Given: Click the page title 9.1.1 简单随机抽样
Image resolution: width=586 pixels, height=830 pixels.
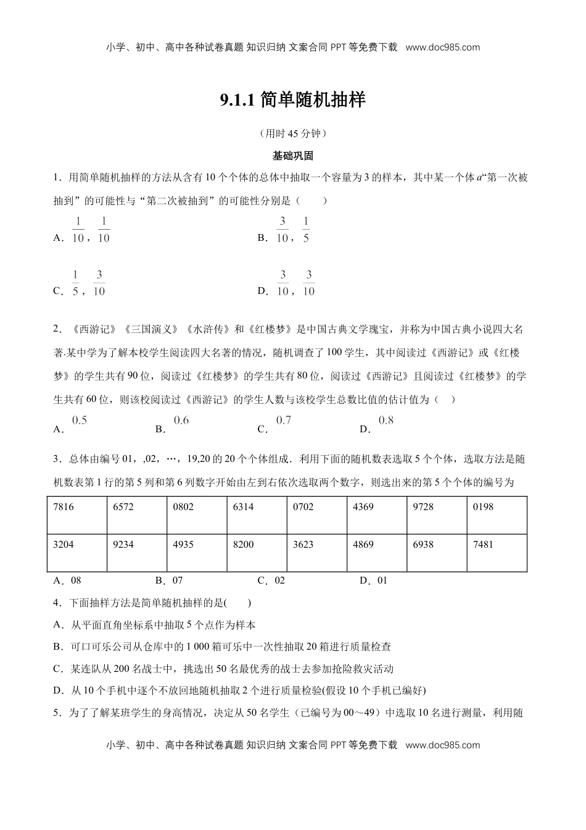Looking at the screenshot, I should tap(293, 100).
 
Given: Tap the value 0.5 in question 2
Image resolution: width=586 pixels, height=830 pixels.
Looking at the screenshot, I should tap(80, 421).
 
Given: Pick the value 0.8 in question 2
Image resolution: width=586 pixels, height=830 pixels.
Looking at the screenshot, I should tap(386, 421).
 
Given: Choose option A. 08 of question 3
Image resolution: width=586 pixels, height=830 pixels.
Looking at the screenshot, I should tap(68, 581).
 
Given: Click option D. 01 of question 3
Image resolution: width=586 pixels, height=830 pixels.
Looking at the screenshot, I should tap(373, 581).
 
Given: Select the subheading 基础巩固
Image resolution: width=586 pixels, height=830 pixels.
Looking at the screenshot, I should tap(293, 156).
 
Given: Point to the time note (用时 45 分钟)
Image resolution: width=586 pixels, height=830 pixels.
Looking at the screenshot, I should tap(293, 133).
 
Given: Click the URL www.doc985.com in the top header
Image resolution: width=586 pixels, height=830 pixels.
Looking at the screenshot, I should tap(443, 47).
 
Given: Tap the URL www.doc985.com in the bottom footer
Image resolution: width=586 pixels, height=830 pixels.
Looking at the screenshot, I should tap(443, 745).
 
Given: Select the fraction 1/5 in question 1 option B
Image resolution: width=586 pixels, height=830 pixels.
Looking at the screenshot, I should tap(306, 230).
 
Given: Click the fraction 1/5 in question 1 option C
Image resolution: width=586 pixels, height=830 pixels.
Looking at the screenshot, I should tap(75, 283).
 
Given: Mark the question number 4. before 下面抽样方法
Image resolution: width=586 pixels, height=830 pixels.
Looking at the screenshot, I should tap(57, 603).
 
